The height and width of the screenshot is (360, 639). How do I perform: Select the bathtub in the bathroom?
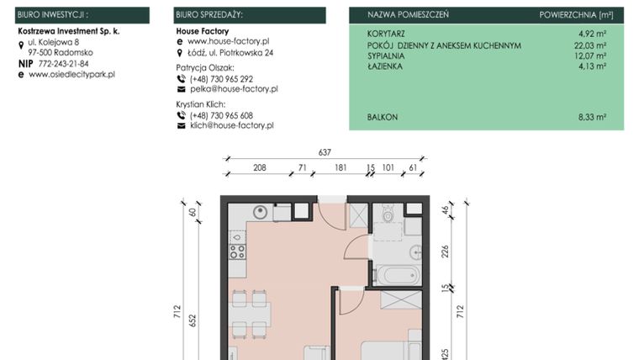tap(393, 274)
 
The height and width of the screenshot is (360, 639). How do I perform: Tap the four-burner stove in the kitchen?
tap(238, 248)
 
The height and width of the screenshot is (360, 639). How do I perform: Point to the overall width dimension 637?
tap(325, 152)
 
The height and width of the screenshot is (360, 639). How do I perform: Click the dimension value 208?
tap(260, 168)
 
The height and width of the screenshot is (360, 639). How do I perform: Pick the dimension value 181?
tap(341, 168)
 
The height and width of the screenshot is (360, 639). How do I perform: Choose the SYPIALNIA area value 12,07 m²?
tap(590, 56)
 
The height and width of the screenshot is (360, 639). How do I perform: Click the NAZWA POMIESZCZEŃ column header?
tap(408, 15)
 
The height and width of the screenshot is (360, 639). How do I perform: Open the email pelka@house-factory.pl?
tap(233, 88)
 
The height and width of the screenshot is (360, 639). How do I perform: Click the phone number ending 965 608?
tap(221, 115)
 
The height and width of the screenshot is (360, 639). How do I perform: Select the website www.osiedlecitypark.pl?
tap(71, 74)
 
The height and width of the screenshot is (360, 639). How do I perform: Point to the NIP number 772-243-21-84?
tap(63, 63)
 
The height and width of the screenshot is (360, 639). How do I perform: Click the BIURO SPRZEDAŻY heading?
tap(209, 15)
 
